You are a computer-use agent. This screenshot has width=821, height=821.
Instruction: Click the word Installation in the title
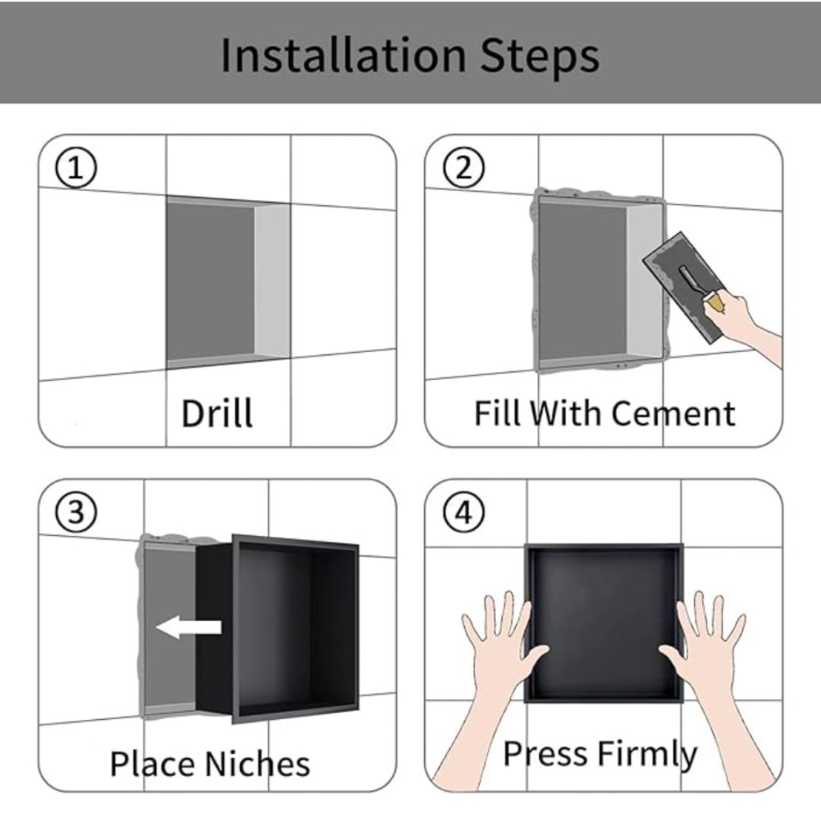343,55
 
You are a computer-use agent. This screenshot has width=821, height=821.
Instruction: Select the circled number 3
76,512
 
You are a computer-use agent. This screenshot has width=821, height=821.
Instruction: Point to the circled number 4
464,512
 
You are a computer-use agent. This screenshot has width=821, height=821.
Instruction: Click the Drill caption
217,413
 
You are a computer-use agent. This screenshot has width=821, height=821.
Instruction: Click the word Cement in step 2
673,414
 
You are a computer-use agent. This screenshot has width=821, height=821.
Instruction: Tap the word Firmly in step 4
647,755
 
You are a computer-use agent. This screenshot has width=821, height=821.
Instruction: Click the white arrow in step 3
189,627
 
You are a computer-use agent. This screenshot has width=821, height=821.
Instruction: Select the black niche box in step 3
277,629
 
